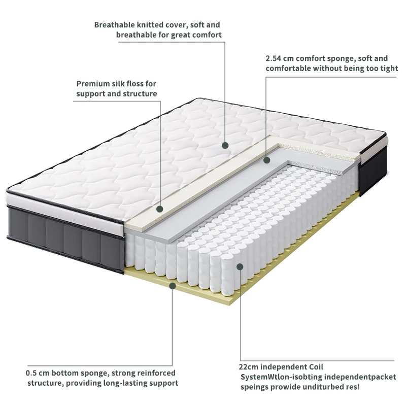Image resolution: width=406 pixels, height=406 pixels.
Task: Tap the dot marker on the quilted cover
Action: tap(225, 145)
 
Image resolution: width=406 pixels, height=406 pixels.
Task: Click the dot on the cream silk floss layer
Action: tap(159, 209)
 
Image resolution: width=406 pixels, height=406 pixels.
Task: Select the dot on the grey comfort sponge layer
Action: tap(266, 160)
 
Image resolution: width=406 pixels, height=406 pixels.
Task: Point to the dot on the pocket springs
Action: tap(240, 266)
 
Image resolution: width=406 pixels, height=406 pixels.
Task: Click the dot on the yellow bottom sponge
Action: tap(173, 286)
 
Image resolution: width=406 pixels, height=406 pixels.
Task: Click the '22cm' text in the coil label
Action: tap(250, 366)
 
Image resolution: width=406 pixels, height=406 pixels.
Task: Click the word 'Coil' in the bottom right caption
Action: tap(316, 366)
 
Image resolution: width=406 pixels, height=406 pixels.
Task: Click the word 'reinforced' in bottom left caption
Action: tap(156, 373)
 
